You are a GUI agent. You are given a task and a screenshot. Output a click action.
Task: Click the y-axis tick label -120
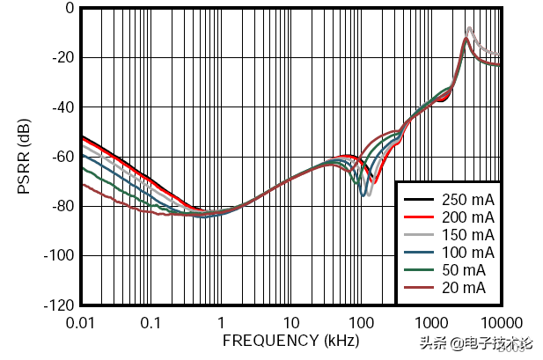pyautogui.click(x=58, y=305)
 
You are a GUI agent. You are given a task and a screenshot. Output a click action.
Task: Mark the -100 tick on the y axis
pyautogui.click(x=58, y=256)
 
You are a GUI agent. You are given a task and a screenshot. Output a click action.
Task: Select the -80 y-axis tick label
pyautogui.click(x=62, y=206)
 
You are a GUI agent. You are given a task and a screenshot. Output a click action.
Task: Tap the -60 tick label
pyautogui.click(x=62, y=157)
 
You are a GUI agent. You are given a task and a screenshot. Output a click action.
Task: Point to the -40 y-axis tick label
pyautogui.click(x=62, y=107)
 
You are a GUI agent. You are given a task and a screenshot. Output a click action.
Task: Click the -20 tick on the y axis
pyautogui.click(x=62, y=57)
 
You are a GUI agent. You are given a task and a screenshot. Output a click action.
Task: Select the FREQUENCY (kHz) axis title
pyautogui.click(x=290, y=340)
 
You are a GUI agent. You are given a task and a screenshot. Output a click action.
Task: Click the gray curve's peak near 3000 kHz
pyautogui.click(x=469, y=28)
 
